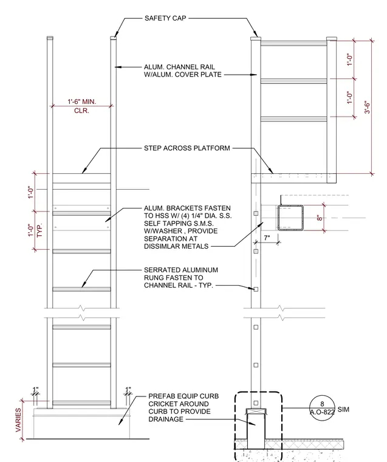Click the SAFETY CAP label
(x=165, y=18)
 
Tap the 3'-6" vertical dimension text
(x=367, y=108)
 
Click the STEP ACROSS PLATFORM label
(x=187, y=148)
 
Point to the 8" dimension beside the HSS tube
(x=320, y=218)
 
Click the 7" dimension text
(x=267, y=238)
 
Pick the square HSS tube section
(x=290, y=218)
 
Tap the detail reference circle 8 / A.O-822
(x=322, y=408)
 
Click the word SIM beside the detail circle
(x=343, y=409)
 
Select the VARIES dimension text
(x=18, y=420)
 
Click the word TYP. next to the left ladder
(x=39, y=230)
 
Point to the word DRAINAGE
(x=166, y=419)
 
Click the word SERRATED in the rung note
(x=162, y=270)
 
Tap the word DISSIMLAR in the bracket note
(x=162, y=246)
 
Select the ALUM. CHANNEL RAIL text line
(x=179, y=67)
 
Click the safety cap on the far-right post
(x=332, y=38)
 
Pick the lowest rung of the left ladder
(x=81, y=403)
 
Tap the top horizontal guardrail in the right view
(x=293, y=43)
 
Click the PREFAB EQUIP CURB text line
(x=183, y=396)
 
